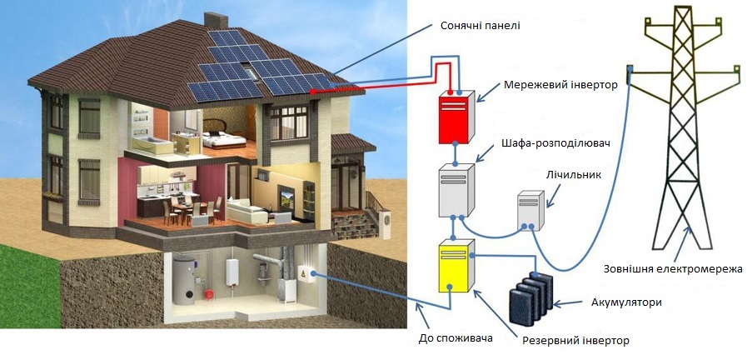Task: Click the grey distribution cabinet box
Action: coord(456,189)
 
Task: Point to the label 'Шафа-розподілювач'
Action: coord(557,143)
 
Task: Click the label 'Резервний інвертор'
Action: coord(575,340)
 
